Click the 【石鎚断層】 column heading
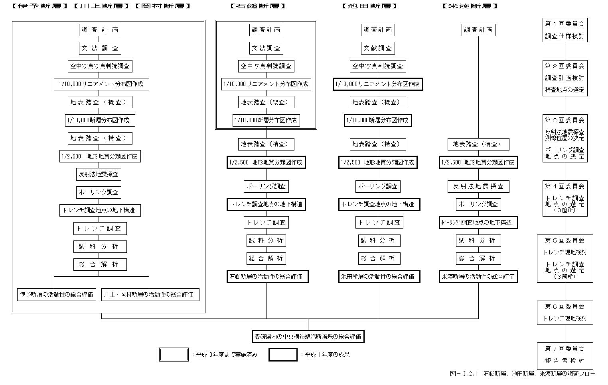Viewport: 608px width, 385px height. pos(258,6)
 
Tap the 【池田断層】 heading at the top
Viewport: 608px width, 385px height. pos(369,6)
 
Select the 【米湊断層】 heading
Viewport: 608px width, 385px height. pos(470,6)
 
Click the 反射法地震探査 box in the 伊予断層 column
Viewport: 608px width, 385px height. pos(99,174)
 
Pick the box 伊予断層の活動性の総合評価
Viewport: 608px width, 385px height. pos(57,295)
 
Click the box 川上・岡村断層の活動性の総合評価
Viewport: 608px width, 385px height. pos(150,295)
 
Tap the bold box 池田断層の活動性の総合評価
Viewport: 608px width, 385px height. pos(379,277)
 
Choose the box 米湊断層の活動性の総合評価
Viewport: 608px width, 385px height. pos(478,277)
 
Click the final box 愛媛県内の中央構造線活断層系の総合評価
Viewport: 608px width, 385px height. pos(308,337)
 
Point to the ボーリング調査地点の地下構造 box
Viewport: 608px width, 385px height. pos(478,223)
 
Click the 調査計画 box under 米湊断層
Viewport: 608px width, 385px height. pos(478,30)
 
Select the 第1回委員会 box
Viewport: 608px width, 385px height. pos(565,30)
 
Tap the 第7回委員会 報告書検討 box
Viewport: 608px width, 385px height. pos(565,355)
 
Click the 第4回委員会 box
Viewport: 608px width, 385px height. pos(565,198)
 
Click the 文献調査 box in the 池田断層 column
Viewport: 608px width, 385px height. pos(377,48)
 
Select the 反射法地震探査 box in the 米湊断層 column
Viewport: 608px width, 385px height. pos(478,186)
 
